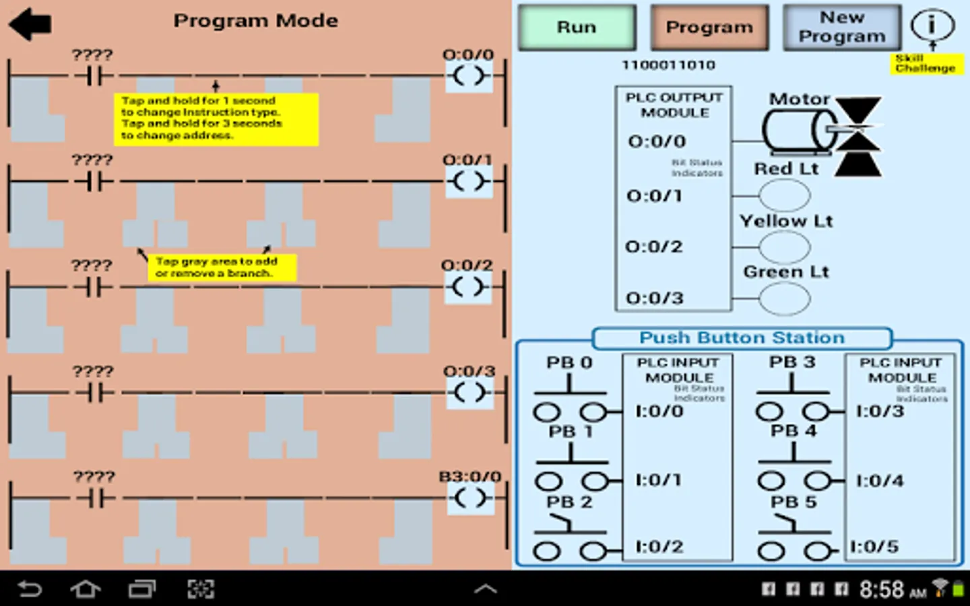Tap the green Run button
[577, 28]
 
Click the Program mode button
[709, 28]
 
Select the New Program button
[841, 28]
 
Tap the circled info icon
[932, 25]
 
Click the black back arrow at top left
[30, 24]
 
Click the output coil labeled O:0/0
[469, 75]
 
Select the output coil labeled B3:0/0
[470, 498]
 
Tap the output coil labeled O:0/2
[468, 288]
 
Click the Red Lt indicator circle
[785, 195]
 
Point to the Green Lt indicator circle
[785, 299]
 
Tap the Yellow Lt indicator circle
[785, 247]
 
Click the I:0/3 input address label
[880, 411]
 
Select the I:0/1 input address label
[659, 480]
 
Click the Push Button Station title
[742, 338]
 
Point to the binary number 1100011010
[668, 65]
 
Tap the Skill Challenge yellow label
[926, 63]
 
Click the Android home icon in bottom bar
[86, 590]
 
